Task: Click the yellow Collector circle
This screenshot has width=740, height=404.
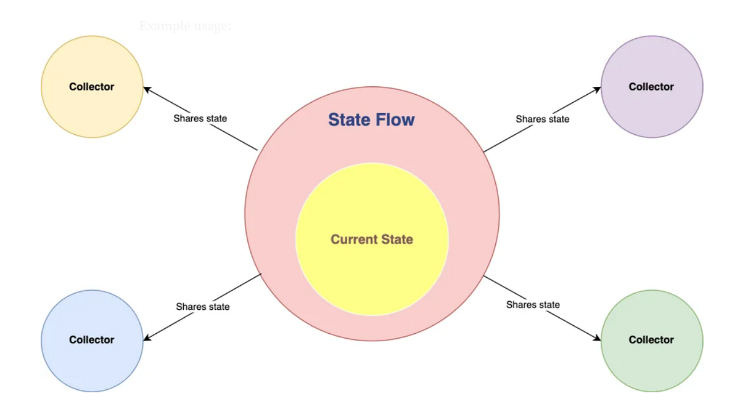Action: (x=92, y=108)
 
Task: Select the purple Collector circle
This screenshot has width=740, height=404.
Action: (x=652, y=108)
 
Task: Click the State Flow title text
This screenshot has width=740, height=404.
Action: (x=371, y=119)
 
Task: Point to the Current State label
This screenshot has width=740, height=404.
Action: (x=372, y=239)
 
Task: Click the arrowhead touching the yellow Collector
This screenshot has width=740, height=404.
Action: (x=147, y=90)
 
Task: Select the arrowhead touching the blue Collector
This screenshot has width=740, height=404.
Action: (x=147, y=337)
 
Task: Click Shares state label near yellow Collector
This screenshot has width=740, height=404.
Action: (x=200, y=118)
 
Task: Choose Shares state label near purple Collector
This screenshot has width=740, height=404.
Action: (x=542, y=119)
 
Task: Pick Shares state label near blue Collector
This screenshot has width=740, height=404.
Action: (x=202, y=307)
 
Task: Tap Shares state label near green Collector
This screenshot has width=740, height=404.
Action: (x=533, y=305)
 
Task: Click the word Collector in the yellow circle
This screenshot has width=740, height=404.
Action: (x=92, y=87)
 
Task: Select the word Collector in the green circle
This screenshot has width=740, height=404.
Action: (x=651, y=340)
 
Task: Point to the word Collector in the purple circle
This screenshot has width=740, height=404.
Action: (x=651, y=87)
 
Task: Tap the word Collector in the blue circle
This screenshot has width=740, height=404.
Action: (x=92, y=340)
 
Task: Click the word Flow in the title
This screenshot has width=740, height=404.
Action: (x=395, y=119)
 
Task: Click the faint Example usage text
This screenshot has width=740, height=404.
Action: (x=185, y=26)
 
